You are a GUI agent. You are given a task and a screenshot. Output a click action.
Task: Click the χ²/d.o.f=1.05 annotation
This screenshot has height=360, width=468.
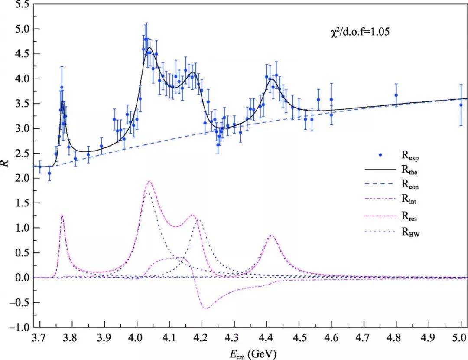click(x=360, y=31)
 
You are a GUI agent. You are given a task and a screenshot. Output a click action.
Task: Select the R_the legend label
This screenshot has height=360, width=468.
click(x=409, y=170)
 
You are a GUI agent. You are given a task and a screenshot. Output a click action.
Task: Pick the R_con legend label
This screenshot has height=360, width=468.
click(x=410, y=184)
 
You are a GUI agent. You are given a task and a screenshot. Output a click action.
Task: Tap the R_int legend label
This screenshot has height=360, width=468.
click(x=409, y=199)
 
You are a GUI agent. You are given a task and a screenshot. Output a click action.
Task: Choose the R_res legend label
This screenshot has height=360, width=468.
click(x=409, y=216)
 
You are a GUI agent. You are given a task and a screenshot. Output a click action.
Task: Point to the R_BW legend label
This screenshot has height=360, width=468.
click(x=410, y=232)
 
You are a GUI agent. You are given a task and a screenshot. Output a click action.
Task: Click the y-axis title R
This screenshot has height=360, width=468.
click(x=6, y=164)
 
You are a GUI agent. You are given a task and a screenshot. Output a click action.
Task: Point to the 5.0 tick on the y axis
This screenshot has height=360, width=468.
click(x=23, y=29)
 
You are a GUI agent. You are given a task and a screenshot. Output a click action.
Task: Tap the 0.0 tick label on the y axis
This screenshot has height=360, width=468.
click(x=23, y=278)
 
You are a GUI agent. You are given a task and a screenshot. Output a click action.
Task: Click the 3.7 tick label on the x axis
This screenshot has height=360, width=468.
click(x=40, y=338)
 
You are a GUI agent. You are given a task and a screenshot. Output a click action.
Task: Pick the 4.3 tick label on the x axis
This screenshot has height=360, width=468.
click(x=234, y=338)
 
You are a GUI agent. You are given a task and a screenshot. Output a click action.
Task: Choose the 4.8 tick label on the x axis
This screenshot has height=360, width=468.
click(x=396, y=338)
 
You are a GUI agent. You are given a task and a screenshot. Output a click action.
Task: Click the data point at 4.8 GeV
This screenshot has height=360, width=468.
click(x=396, y=95)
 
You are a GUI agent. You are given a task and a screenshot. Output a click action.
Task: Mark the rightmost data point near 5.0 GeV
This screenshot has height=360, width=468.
click(x=461, y=105)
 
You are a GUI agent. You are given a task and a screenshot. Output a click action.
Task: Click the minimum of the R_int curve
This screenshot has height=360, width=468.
click(x=206, y=308)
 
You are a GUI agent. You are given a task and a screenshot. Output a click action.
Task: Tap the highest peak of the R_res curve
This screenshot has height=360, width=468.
click(x=149, y=181)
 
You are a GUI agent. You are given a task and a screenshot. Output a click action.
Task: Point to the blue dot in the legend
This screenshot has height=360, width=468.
click(x=380, y=155)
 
